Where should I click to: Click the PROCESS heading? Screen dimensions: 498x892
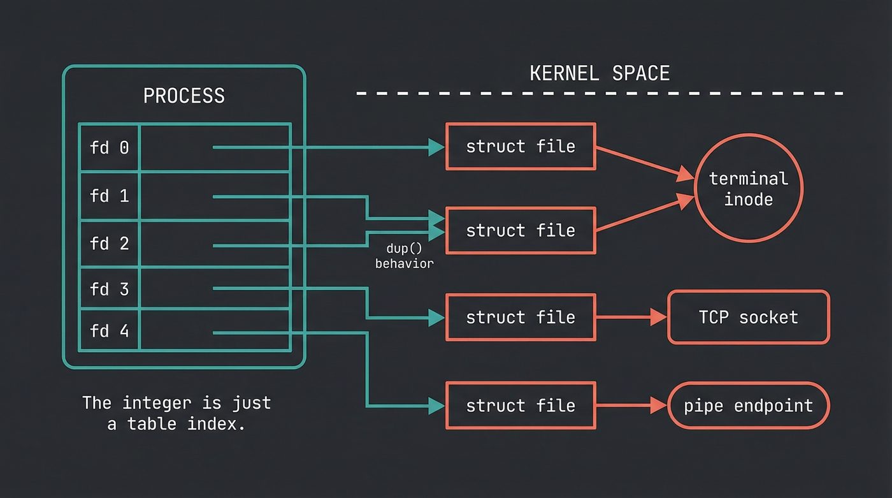(x=183, y=96)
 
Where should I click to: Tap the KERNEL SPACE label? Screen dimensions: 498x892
(x=600, y=73)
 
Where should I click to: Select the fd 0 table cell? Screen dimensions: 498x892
(x=109, y=147)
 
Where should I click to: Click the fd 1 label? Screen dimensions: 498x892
(x=109, y=196)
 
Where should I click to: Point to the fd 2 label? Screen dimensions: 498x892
(x=109, y=244)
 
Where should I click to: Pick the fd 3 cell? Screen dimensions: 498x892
(x=109, y=289)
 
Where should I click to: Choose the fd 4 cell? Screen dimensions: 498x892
(x=109, y=332)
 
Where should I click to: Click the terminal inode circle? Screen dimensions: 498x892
(x=748, y=188)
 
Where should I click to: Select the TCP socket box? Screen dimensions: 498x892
(x=748, y=317)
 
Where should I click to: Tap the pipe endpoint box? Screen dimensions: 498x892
(x=748, y=406)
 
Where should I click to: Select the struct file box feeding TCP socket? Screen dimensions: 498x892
(x=521, y=317)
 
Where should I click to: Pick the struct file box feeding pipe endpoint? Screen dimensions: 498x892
(x=521, y=406)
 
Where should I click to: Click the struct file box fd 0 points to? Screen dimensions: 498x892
(x=521, y=147)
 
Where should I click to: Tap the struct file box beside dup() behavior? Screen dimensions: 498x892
(x=521, y=230)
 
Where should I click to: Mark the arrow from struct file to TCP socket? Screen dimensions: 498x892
(x=631, y=317)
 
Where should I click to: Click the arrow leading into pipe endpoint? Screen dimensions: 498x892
(x=631, y=406)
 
